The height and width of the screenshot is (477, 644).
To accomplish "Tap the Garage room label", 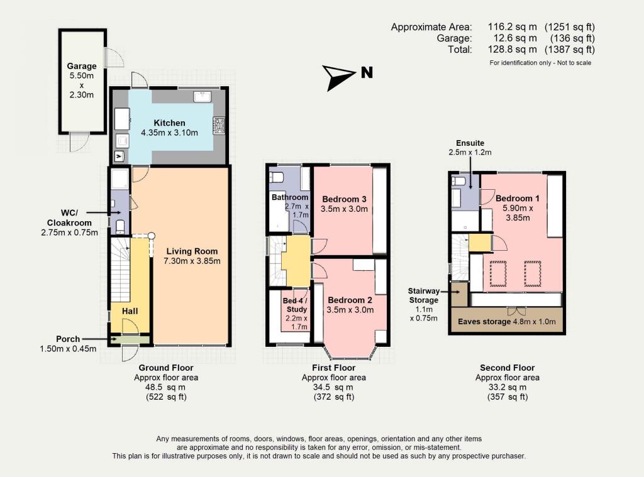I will (x=82, y=66).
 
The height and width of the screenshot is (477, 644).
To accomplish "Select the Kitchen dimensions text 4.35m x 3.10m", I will (x=169, y=133).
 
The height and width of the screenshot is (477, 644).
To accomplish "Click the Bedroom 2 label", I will (x=350, y=300).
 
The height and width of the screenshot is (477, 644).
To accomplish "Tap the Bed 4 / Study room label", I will (x=296, y=305).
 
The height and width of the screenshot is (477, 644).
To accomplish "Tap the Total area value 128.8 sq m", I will (x=513, y=49).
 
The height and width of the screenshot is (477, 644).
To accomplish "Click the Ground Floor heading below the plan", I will (x=165, y=368).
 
